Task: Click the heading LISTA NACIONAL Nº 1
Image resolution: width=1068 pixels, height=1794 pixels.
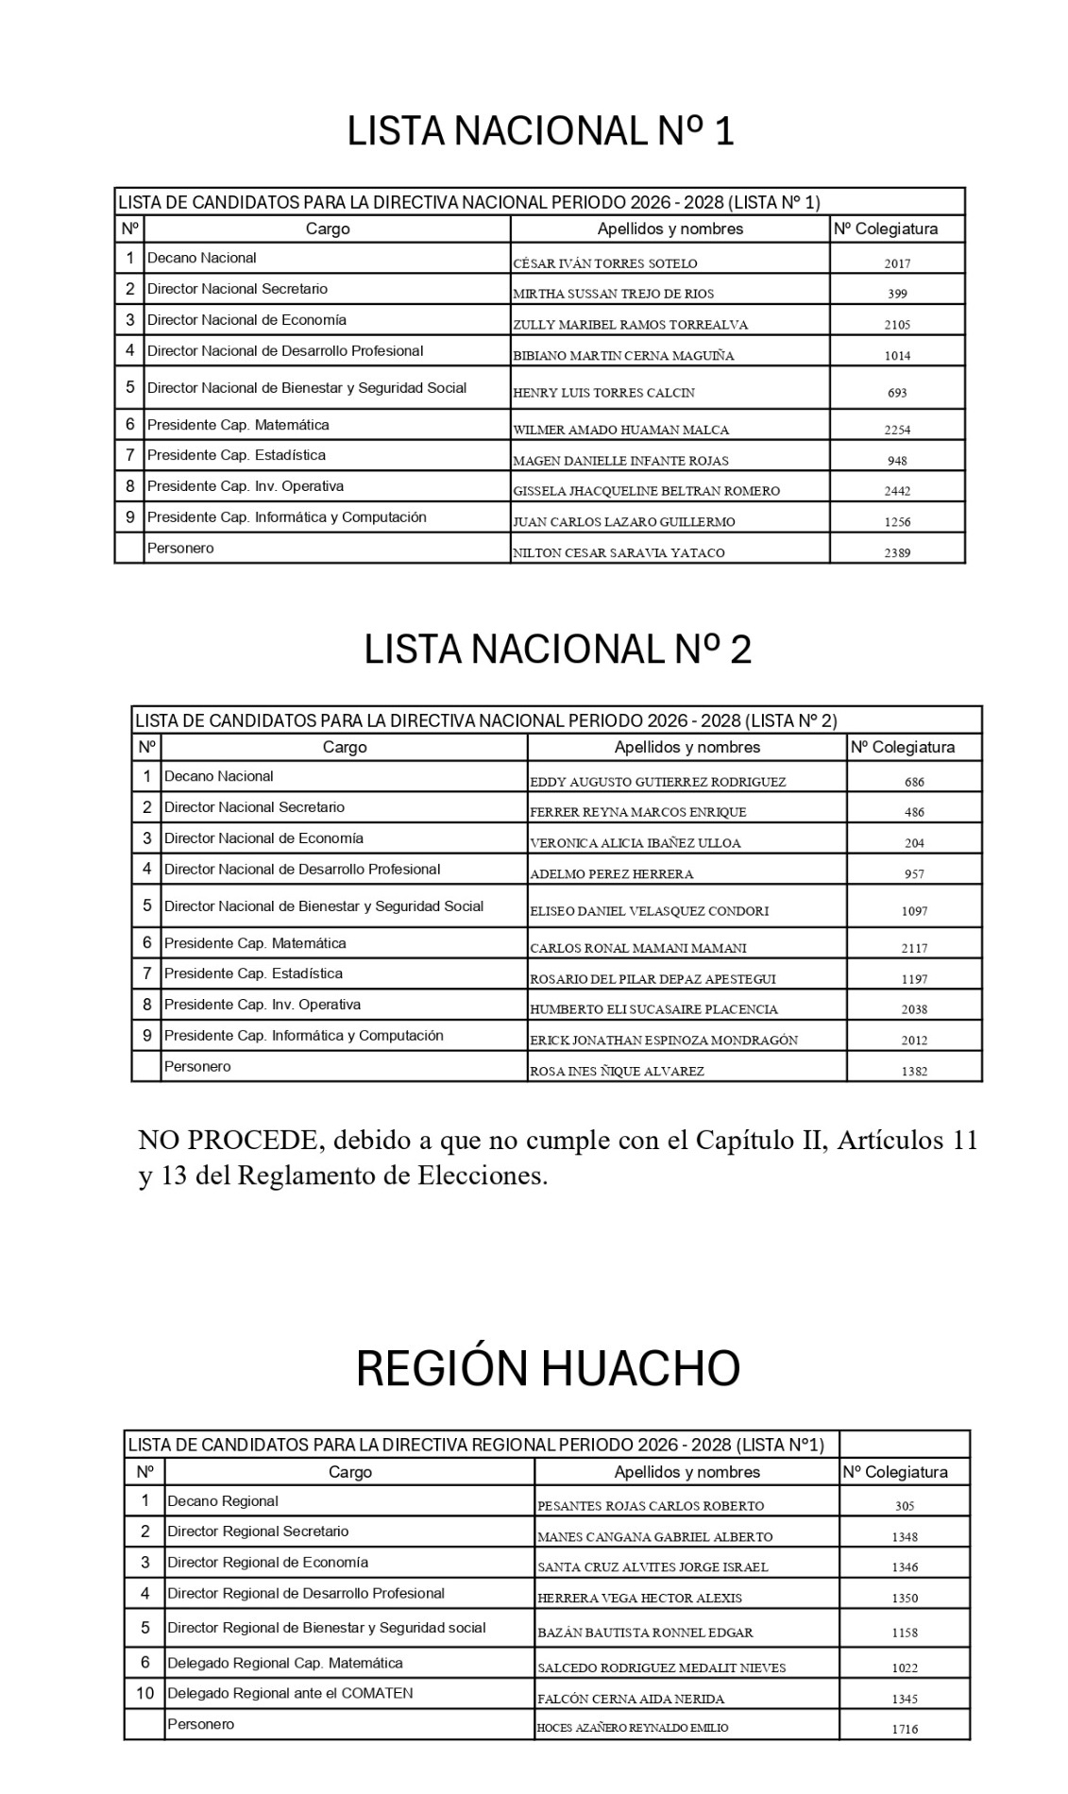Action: coord(540,131)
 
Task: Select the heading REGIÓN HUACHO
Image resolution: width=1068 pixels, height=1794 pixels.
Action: coord(548,1368)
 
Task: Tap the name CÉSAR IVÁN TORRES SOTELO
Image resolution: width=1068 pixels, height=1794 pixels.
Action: coord(605,263)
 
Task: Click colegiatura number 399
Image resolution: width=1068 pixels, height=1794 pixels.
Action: coord(897,294)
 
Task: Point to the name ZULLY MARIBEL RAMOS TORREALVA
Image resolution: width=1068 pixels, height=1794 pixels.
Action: coord(630,325)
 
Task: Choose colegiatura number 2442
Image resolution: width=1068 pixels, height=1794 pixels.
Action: coord(897,491)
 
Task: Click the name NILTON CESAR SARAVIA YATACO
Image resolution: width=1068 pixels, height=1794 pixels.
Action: coord(619,553)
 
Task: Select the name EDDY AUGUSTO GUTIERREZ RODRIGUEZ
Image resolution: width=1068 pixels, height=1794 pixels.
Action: coord(657,782)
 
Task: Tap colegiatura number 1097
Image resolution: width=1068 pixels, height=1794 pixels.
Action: coord(914,911)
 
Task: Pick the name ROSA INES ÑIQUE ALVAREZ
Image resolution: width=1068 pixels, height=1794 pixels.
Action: coord(617,1072)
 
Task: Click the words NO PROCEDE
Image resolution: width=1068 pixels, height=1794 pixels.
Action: coord(227,1141)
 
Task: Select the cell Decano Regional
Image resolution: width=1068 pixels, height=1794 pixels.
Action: coord(223,1501)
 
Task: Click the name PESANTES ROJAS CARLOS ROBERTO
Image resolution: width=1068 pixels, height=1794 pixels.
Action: coord(651,1506)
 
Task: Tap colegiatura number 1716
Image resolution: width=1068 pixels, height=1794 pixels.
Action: coord(905,1730)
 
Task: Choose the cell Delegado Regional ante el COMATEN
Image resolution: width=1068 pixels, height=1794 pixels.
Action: coord(290,1693)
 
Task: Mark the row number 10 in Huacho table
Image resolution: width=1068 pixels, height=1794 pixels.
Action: coord(144,1693)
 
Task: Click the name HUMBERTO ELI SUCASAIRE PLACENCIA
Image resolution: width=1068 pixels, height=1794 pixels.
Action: coord(653,1009)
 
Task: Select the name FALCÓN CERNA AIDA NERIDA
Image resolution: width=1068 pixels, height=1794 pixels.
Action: coord(631,1699)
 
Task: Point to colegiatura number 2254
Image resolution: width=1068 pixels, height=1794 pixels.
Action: coord(897,430)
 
